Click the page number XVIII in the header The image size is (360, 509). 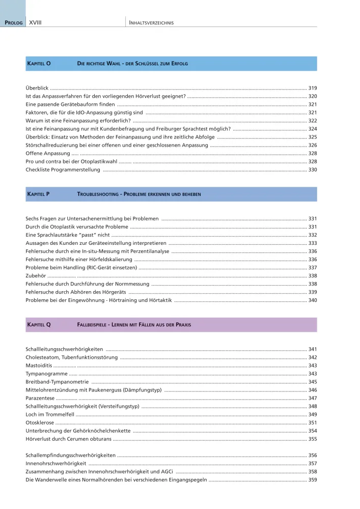35,23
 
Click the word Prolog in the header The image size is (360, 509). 14,23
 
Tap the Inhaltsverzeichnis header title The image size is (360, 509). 152,23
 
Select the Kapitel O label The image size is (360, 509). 38,64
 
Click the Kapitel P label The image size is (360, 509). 38,194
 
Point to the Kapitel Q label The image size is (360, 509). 38,325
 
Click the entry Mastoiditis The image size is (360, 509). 39,365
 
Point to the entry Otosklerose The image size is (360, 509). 39,422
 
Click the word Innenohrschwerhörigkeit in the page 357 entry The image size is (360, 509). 56,464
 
